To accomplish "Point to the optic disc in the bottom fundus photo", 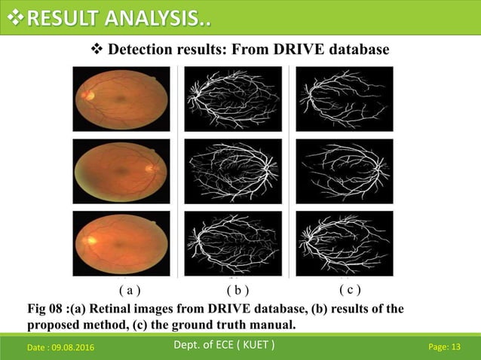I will coord(87,240).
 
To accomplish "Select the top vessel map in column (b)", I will coord(233,99).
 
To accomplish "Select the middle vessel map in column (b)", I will coord(233,171).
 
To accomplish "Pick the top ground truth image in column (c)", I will coord(345,99).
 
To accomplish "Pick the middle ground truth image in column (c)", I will coord(345,171).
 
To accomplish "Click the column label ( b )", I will coord(238,289).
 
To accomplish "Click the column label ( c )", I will coord(350,288).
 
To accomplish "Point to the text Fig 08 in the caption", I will coord(46,309).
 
